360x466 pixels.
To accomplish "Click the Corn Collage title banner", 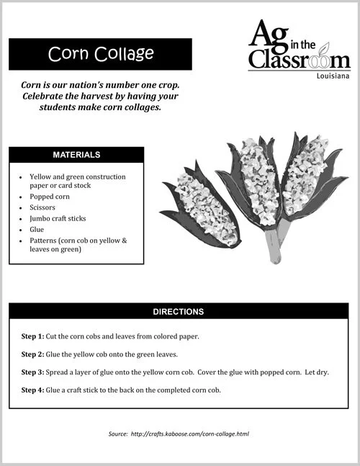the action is coord(100,54).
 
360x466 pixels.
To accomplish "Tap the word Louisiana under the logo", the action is coord(333,75).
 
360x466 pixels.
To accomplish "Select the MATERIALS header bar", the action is coord(76,155).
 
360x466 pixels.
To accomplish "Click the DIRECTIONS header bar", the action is coord(179,312).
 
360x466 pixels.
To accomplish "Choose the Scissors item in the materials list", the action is coord(42,206).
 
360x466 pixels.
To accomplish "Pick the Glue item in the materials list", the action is coord(37,229).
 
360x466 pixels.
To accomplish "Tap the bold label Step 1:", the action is coord(33,336).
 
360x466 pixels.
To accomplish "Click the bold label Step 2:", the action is coord(33,354).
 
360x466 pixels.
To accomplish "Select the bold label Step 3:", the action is coord(33,372).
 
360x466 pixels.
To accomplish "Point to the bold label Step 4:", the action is coord(33,390).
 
